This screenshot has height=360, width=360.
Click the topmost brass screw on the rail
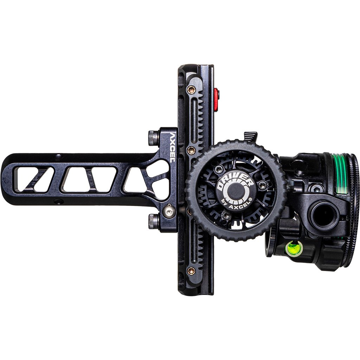pos(191,90)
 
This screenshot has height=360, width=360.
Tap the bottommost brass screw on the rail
pos(191,270)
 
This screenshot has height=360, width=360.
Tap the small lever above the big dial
pos(251,136)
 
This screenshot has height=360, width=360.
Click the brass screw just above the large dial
pos(191,150)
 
